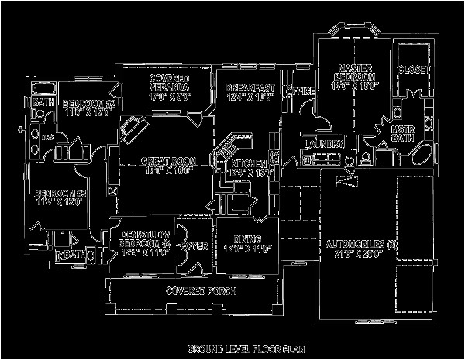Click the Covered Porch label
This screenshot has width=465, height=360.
click(x=201, y=290)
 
